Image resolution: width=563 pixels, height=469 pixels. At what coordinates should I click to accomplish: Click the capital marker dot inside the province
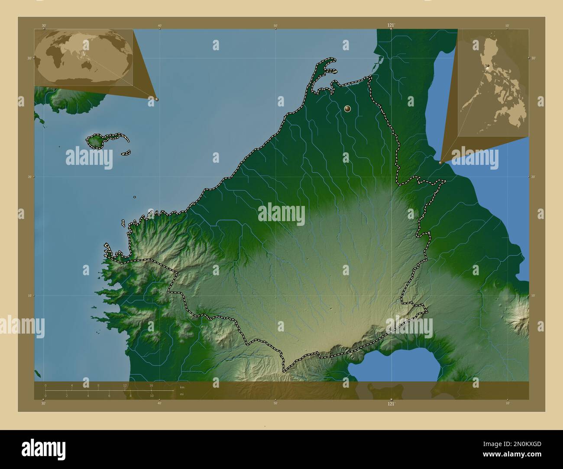[x=347, y=109]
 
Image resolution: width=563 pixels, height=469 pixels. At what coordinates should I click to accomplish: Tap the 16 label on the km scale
[x=151, y=385]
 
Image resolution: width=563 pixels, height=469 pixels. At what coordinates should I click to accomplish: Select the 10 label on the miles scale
[x=152, y=396]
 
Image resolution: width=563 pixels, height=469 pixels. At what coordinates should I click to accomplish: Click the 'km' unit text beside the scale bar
[x=182, y=387]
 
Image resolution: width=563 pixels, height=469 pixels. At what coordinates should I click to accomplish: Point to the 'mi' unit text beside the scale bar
[x=182, y=394]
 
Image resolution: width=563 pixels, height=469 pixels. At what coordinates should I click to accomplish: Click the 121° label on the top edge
[x=391, y=26]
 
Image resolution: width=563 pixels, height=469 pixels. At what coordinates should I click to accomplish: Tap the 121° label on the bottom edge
[x=391, y=404]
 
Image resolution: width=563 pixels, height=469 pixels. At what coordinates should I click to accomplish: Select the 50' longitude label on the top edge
[x=275, y=26]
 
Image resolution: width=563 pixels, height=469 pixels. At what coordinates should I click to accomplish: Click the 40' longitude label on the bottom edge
[x=159, y=404]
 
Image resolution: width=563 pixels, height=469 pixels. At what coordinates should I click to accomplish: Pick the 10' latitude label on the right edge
[x=533, y=296]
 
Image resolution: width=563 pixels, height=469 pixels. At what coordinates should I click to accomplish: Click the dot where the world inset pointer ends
[x=157, y=99]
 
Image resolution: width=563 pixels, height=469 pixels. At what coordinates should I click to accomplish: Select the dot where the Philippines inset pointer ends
[x=441, y=163]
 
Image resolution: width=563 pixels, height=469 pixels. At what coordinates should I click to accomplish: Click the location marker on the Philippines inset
[x=488, y=66]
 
